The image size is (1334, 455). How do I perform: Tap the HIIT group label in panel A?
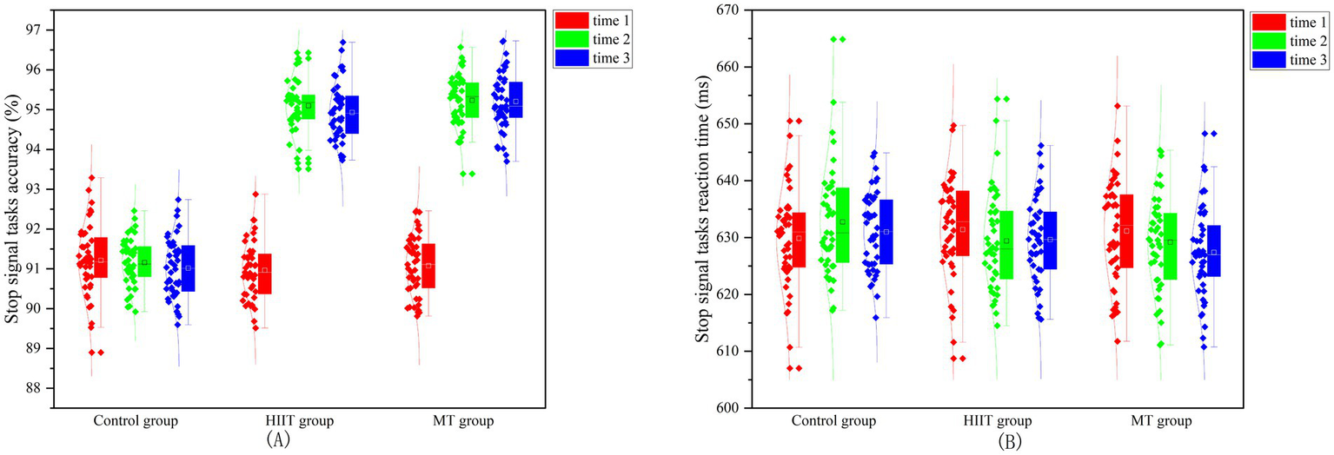(x=295, y=421)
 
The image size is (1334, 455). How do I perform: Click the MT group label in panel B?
(x=1151, y=421)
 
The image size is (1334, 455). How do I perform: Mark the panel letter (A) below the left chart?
(x=278, y=440)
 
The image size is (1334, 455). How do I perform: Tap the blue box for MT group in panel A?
(x=516, y=100)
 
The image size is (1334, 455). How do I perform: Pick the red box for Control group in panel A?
(x=101, y=257)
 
